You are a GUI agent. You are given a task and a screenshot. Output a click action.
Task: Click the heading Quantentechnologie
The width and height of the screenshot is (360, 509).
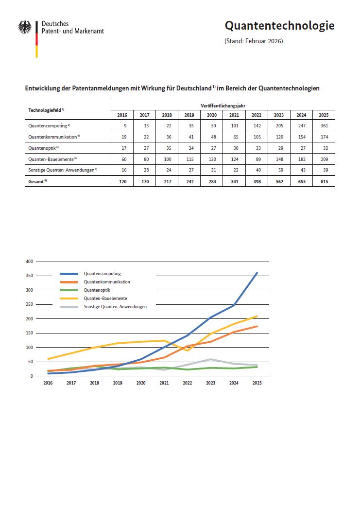click(279, 26)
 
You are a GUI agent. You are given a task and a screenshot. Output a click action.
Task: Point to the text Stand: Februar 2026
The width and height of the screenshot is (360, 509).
click(254, 41)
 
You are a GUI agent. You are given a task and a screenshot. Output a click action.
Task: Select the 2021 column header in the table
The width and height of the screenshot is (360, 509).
click(234, 115)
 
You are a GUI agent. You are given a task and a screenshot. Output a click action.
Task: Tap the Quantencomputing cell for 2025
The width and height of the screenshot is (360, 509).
click(324, 126)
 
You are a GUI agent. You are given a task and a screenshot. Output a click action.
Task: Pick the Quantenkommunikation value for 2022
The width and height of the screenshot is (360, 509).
click(257, 137)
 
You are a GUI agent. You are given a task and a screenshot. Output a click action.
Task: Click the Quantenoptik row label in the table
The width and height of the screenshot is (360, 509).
click(43, 148)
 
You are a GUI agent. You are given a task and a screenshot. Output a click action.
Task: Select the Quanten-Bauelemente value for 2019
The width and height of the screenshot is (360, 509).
click(189, 159)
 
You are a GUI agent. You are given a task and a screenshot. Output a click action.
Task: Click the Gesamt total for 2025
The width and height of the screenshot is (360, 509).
click(324, 181)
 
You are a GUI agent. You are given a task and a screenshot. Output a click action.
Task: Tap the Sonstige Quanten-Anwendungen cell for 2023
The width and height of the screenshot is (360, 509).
click(279, 170)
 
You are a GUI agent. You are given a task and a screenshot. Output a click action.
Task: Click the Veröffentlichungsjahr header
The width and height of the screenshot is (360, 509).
click(223, 105)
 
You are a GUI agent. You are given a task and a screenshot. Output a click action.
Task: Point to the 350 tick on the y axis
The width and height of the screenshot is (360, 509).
click(29, 276)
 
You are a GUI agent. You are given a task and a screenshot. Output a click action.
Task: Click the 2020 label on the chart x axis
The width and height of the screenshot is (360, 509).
click(141, 383)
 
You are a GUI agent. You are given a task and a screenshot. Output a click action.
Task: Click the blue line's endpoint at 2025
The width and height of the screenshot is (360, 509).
click(257, 273)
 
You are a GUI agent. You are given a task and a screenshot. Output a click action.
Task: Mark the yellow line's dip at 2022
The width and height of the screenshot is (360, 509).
click(187, 351)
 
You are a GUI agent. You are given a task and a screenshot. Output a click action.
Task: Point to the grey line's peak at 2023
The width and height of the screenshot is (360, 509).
click(210, 359)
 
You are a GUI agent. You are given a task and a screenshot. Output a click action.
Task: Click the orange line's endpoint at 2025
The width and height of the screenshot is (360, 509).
click(257, 326)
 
